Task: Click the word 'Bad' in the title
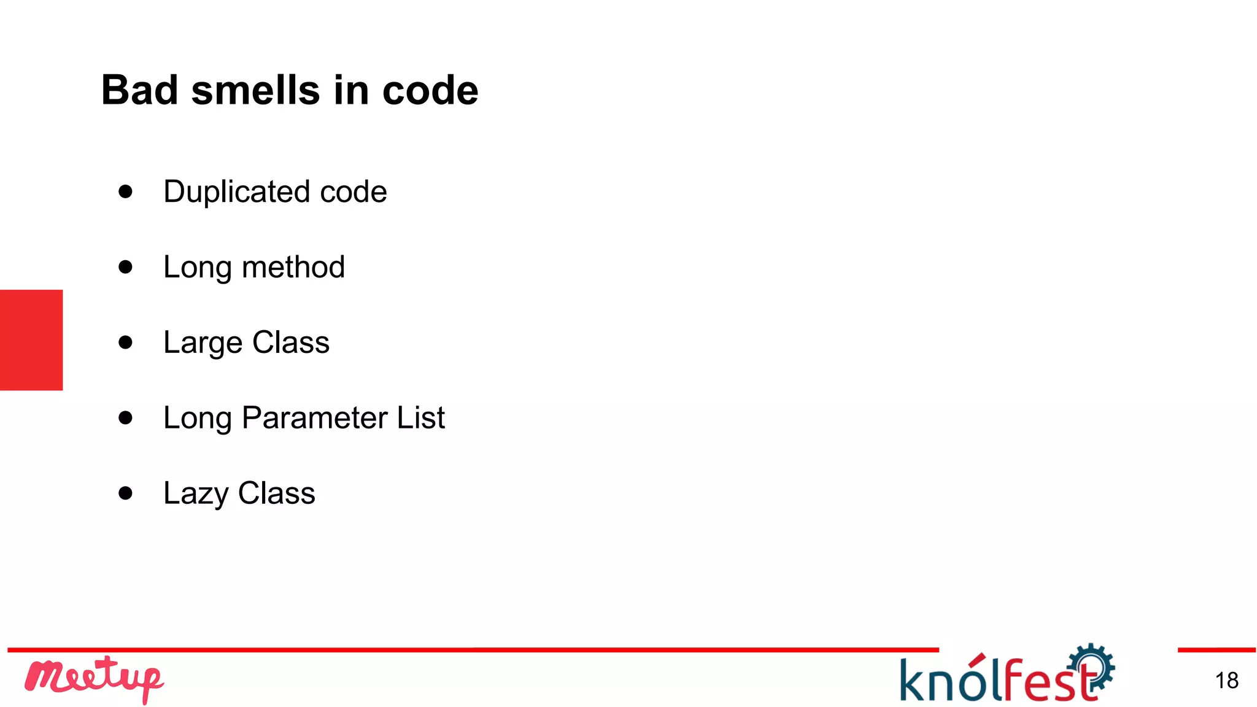coord(139,90)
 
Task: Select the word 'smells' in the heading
coord(255,90)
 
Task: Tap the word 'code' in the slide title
coord(430,90)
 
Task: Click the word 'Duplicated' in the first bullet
coord(236,192)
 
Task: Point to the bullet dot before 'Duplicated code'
coord(126,191)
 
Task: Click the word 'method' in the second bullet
coord(293,268)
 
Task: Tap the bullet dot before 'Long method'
coord(126,267)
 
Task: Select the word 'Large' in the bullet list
coord(203,343)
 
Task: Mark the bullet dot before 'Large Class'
coord(126,342)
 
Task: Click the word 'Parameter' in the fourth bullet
coord(315,418)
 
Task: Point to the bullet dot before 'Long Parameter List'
coord(126,418)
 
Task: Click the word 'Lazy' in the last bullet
coord(196,493)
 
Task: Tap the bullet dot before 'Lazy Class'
coord(126,493)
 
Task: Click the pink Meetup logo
coord(94,679)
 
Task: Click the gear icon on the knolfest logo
coord(1092,666)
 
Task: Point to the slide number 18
coord(1226,681)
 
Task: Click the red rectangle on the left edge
coord(31,340)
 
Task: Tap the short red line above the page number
coord(1216,650)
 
